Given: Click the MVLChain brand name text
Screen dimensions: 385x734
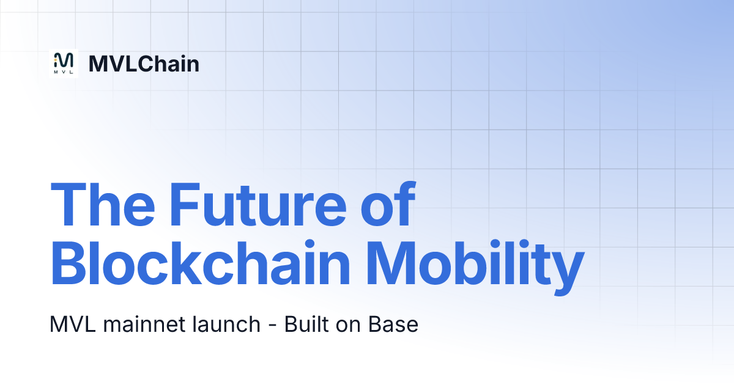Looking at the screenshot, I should pyautogui.click(x=144, y=64).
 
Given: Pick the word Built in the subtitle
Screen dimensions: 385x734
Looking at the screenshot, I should pyautogui.click(x=305, y=324).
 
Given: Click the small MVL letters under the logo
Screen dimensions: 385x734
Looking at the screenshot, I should pyautogui.click(x=64, y=71).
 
